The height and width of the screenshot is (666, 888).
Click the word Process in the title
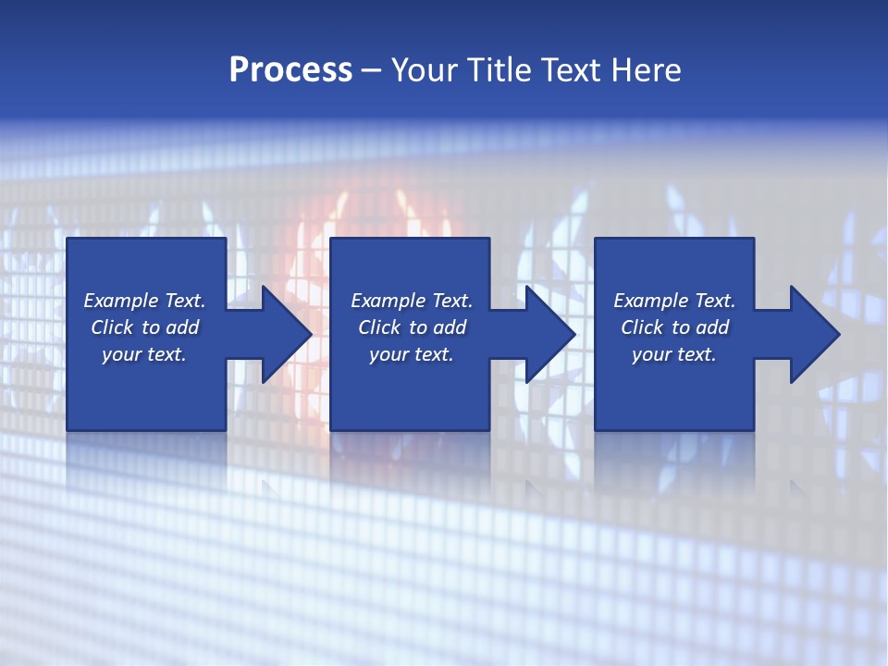pyautogui.click(x=290, y=70)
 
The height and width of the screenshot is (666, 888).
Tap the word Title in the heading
pyautogui.click(x=500, y=70)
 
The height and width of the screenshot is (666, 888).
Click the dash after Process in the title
pyautogui.click(x=371, y=72)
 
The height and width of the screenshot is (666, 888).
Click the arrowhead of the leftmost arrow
pyautogui.click(x=287, y=334)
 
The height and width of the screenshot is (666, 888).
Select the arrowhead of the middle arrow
pyautogui.click(x=550, y=334)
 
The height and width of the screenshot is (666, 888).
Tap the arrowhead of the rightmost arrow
pyautogui.click(x=815, y=334)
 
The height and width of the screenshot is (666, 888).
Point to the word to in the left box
pyautogui.click(x=151, y=327)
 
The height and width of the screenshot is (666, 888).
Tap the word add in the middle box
pyautogui.click(x=450, y=327)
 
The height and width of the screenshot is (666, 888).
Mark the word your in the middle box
pyautogui.click(x=388, y=354)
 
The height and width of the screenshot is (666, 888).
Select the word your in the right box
pyautogui.click(x=651, y=354)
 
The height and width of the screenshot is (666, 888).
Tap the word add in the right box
pyautogui.click(x=712, y=327)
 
